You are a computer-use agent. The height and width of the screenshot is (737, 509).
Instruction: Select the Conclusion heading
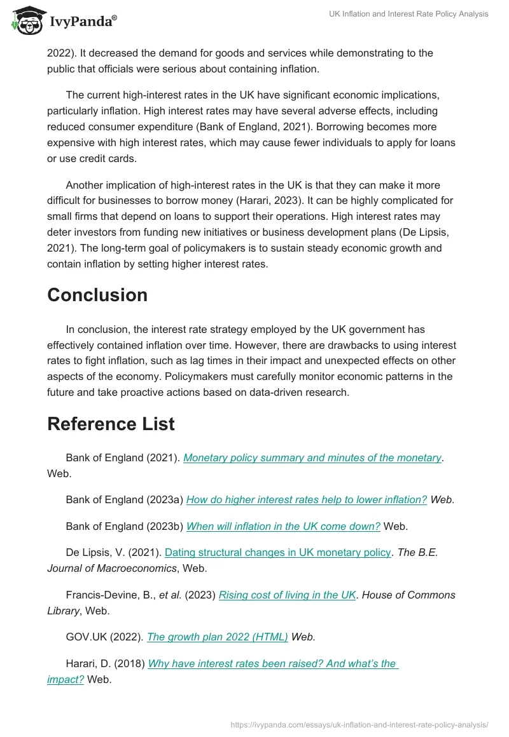pyautogui.click(x=97, y=295)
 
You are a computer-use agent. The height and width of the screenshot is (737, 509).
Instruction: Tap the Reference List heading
pyautogui.click(x=111, y=424)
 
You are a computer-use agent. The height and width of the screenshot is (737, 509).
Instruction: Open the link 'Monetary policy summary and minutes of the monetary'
pyautogui.click(x=312, y=457)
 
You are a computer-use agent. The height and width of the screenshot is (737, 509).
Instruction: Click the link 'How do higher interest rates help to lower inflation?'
pyautogui.click(x=306, y=499)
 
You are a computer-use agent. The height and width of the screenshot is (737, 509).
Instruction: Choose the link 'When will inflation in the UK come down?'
pyautogui.click(x=283, y=526)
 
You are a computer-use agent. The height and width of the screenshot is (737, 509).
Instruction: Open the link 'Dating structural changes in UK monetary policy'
pyautogui.click(x=277, y=552)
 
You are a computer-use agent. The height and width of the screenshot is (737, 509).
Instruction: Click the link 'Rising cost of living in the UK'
pyautogui.click(x=287, y=595)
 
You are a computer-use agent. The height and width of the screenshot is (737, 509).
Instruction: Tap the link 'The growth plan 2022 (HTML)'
pyautogui.click(x=218, y=637)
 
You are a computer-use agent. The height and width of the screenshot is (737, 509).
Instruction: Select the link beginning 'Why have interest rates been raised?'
pyautogui.click(x=272, y=663)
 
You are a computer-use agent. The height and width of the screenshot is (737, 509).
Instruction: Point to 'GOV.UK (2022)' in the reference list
pyautogui.click(x=104, y=637)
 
